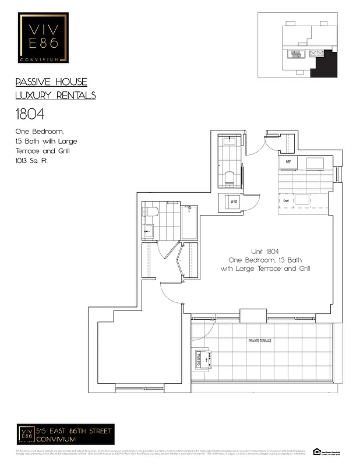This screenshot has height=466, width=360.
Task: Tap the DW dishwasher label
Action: (286, 201)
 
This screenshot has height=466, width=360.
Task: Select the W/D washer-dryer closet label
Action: (234, 202)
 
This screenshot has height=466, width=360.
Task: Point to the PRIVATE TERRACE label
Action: (259, 340)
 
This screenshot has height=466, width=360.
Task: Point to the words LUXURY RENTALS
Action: (55, 96)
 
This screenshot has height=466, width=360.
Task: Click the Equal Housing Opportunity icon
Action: (317, 451)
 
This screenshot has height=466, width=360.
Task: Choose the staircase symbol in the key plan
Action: (295, 54)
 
